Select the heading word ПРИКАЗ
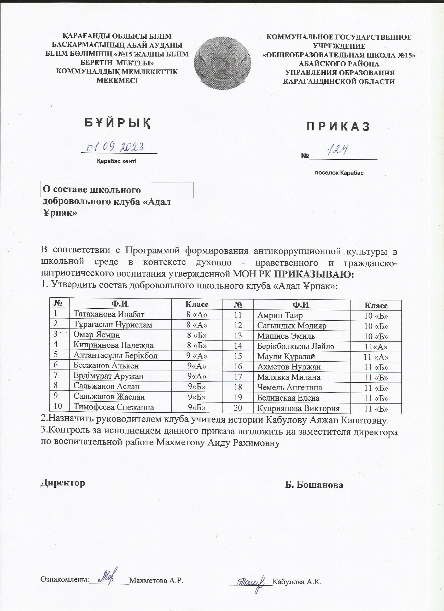pos(338,127)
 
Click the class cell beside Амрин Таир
pos(376,316)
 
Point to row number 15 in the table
pos(238,356)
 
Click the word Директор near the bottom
pos(63,483)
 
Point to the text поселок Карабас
pos(339,173)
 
